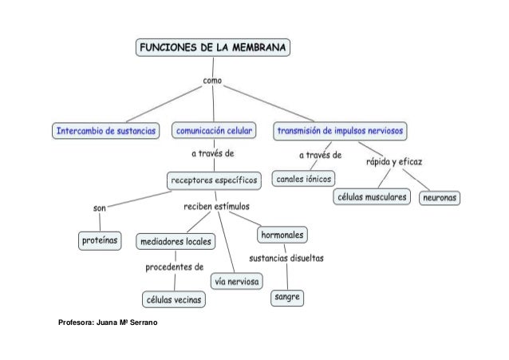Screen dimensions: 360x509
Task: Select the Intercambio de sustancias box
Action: coord(106,129)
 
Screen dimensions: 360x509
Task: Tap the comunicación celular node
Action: coord(215,129)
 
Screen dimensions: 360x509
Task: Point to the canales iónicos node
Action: coord(304,178)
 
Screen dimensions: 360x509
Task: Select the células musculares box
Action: coord(371,196)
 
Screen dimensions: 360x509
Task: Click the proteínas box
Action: coord(100,239)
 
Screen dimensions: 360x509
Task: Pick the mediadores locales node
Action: coord(175,240)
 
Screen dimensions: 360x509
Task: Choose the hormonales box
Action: coord(282,235)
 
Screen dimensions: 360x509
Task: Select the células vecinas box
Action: coord(173,299)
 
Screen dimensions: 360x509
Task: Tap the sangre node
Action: coord(286,297)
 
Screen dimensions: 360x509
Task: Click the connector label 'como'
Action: coord(213,81)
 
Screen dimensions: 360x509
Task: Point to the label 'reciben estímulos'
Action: coord(217,207)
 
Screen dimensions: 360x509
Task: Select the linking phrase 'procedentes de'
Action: coord(174,267)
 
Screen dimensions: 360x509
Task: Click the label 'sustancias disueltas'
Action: coord(286,259)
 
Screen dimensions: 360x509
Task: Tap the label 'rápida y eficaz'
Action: coord(394,162)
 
